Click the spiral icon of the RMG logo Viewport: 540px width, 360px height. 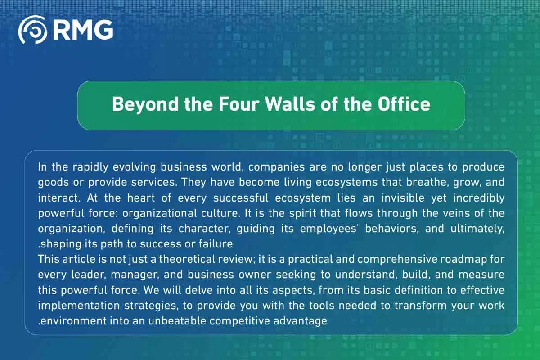[32, 30]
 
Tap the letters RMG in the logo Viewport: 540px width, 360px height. [82, 30]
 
